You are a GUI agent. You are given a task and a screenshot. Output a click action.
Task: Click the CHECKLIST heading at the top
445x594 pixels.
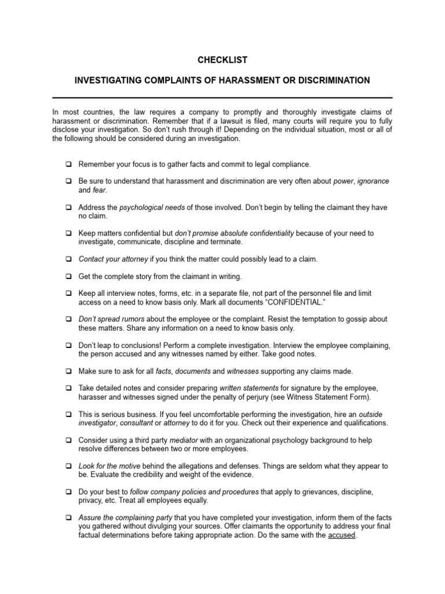[222, 60]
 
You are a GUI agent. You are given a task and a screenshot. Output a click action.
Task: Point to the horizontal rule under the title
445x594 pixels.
[222, 97]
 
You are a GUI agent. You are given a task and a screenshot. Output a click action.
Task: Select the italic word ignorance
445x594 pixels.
[373, 181]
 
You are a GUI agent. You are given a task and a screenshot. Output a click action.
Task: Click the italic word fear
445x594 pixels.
[100, 190]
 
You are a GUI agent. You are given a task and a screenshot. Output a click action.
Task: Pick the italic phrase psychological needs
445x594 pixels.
[146, 207]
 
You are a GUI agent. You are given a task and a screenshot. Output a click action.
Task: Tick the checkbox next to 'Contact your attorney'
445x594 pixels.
[68, 259]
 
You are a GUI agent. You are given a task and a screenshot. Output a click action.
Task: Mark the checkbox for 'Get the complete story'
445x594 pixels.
[68, 277]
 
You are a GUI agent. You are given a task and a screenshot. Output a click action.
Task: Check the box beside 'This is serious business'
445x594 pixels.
[68, 415]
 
